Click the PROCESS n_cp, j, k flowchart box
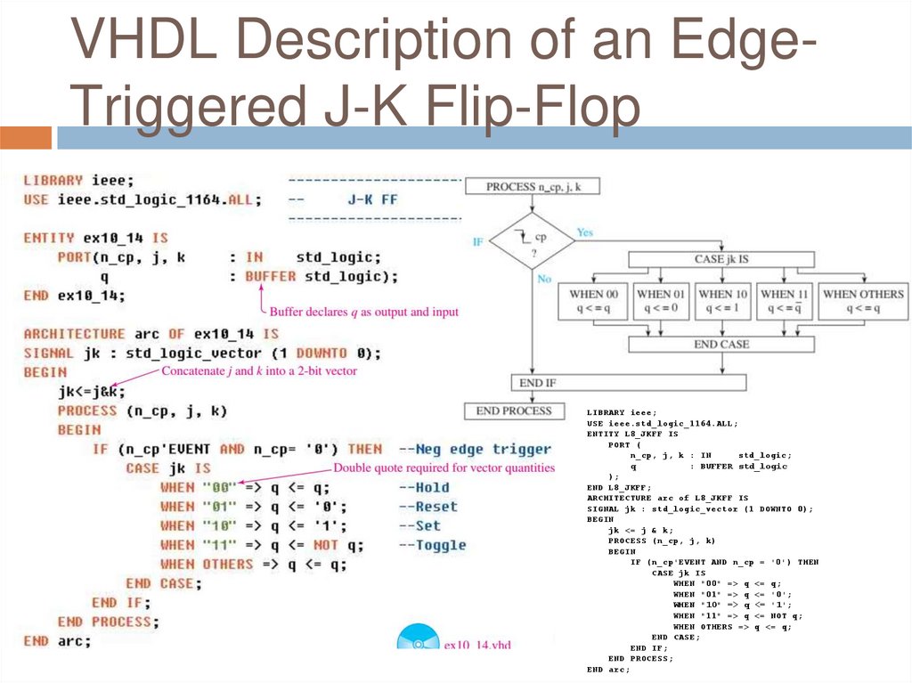(532, 186)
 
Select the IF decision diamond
(533, 241)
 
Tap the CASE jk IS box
(721, 260)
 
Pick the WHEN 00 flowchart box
(593, 301)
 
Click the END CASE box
(721, 344)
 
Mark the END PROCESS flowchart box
(514, 411)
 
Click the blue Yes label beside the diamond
(584, 232)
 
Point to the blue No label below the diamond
(543, 279)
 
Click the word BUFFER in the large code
(271, 276)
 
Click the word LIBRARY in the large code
(53, 180)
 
